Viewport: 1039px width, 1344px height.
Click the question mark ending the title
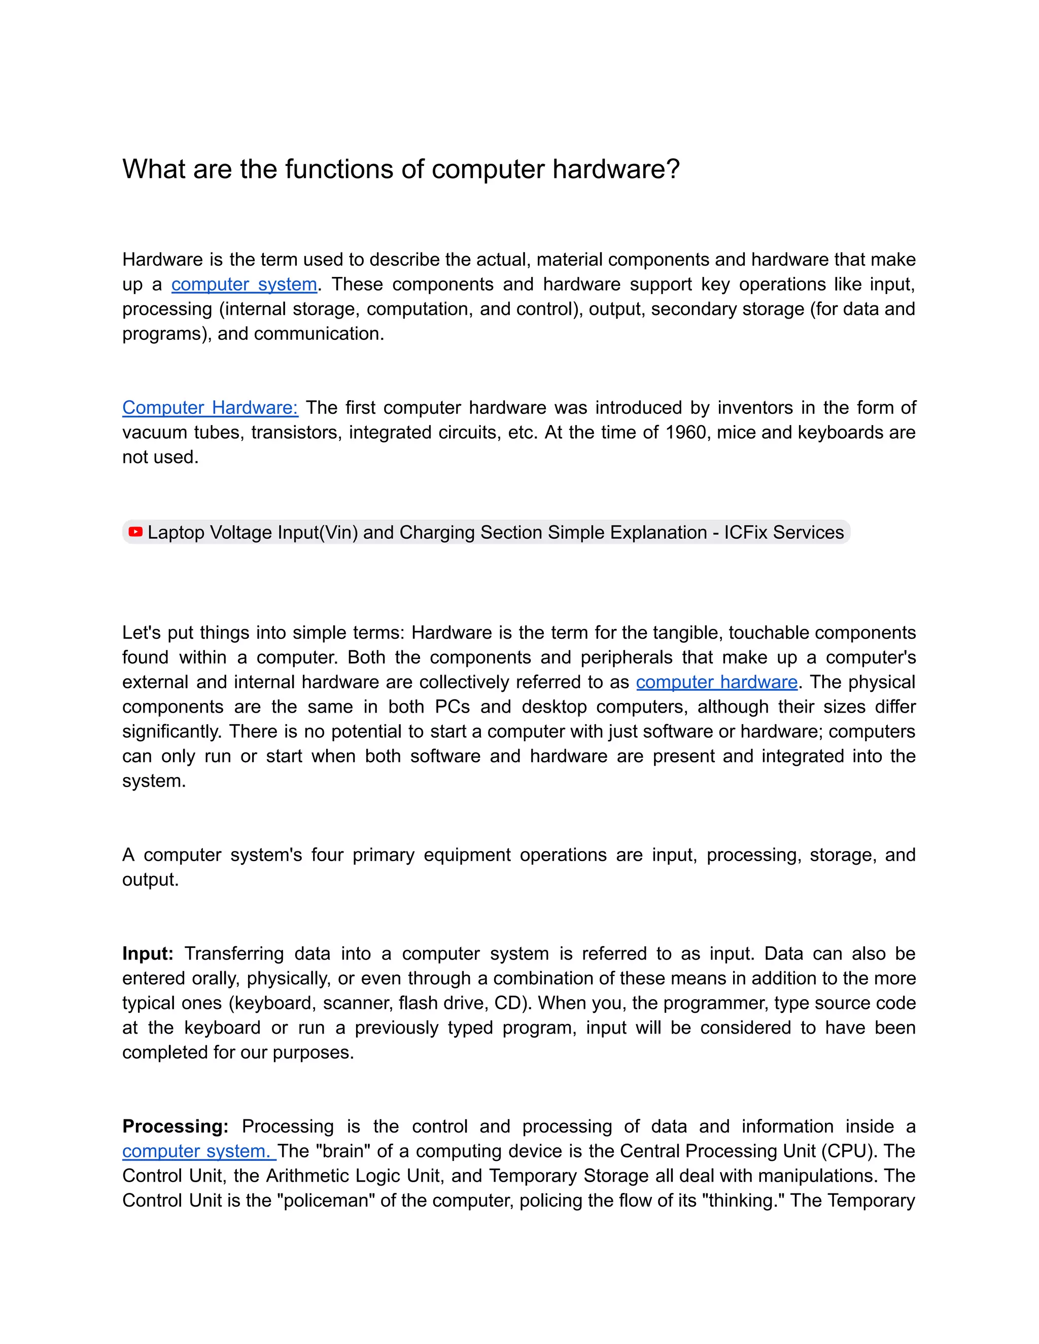(673, 169)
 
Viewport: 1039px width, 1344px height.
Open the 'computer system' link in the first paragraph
(244, 285)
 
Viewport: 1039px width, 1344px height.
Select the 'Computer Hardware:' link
(210, 407)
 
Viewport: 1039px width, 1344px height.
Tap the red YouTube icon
(135, 532)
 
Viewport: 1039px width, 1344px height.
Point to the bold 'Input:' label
(148, 953)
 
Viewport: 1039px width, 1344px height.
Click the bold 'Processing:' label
(176, 1126)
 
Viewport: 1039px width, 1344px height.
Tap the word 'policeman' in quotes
(327, 1200)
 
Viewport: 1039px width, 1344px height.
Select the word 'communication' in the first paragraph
(318, 334)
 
